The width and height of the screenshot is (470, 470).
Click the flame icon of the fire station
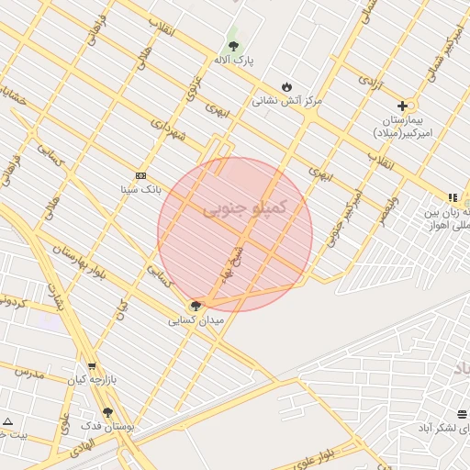(x=287, y=85)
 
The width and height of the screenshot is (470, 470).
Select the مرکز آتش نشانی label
(x=287, y=100)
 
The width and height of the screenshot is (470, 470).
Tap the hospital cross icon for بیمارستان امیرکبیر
(x=402, y=106)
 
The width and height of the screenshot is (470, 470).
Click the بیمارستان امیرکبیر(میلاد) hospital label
(x=402, y=127)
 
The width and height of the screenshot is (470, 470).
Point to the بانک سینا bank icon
(x=140, y=174)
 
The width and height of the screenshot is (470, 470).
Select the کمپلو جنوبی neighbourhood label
(x=245, y=208)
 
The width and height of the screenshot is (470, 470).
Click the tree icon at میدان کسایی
(x=195, y=305)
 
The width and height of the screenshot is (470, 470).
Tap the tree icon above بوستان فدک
(x=108, y=412)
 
